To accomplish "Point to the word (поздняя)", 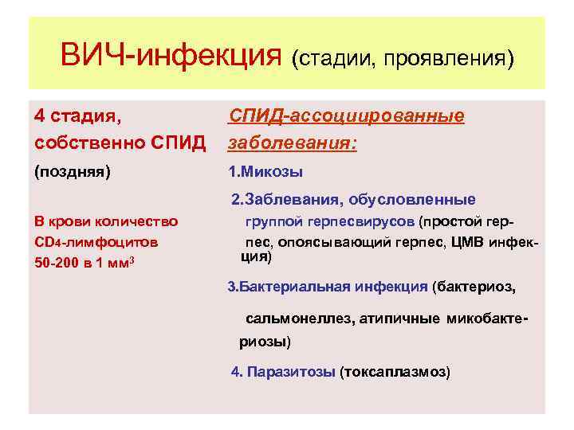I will tap(73, 171).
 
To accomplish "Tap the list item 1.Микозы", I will tap(265, 172).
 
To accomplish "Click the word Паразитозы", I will tap(291, 372).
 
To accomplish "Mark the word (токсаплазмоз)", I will tap(395, 372).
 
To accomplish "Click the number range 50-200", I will tap(57, 264).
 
